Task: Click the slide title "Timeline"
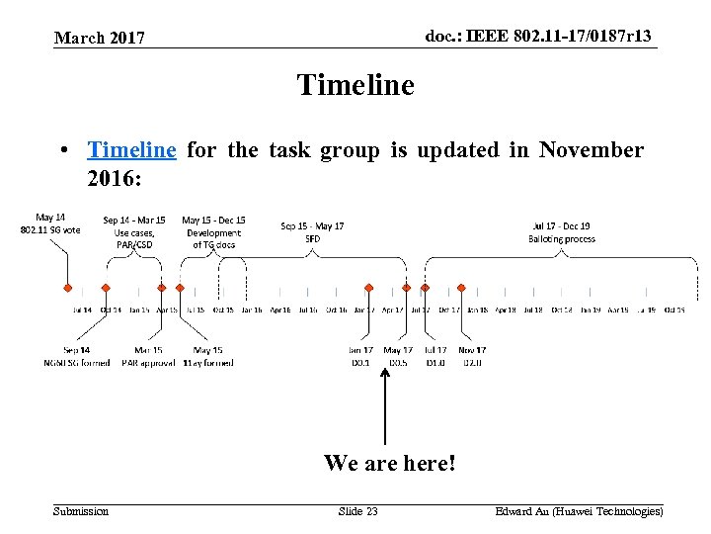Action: [355, 85]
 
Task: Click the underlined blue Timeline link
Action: [131, 150]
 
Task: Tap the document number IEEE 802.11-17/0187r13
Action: [539, 37]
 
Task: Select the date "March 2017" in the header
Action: [100, 39]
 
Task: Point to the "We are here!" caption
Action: [390, 462]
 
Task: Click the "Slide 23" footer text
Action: [357, 511]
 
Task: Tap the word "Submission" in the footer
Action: [81, 511]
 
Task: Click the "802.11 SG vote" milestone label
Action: [50, 229]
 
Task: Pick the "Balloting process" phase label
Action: [562, 238]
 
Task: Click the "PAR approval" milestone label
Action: [148, 363]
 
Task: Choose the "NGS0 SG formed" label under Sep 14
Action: [77, 363]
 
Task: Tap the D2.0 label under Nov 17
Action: [472, 363]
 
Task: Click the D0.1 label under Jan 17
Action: [360, 363]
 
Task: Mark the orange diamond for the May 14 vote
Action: [67, 288]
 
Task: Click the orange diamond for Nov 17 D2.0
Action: [426, 288]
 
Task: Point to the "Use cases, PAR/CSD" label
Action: [134, 238]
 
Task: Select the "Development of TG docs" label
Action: [214, 238]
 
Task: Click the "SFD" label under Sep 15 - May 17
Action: [312, 238]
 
